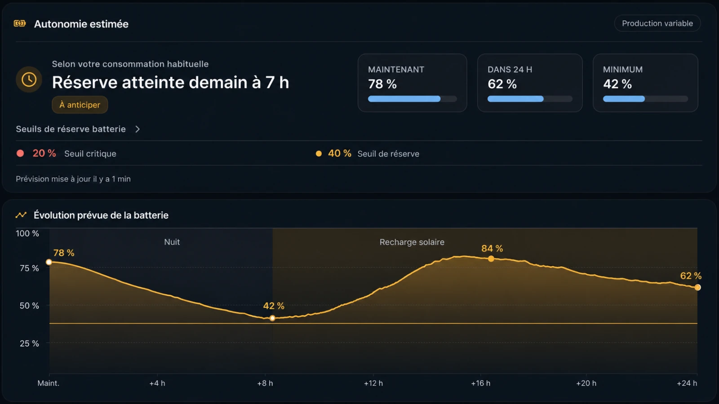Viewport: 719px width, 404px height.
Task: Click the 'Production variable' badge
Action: [657, 23]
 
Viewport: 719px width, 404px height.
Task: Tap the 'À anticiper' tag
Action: [80, 105]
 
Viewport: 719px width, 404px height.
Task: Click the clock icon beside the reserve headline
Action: [29, 79]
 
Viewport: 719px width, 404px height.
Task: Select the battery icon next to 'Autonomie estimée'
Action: [20, 23]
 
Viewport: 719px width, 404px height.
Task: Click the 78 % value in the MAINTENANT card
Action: [382, 84]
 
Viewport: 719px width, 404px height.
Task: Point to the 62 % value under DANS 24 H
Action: [502, 84]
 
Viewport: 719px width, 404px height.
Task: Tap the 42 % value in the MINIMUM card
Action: [617, 84]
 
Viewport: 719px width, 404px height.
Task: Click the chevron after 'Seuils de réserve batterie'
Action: [138, 129]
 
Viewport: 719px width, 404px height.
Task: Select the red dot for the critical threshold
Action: [20, 153]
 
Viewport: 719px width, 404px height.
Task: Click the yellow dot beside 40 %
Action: [319, 154]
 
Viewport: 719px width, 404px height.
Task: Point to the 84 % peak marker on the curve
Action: [491, 259]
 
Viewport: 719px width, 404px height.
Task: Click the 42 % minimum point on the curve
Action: [272, 318]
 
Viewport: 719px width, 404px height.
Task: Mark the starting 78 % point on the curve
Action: [49, 262]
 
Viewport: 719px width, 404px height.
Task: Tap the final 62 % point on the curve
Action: [697, 287]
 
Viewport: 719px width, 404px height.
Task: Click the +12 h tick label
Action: [373, 383]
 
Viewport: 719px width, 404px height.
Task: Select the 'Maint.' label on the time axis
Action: [49, 383]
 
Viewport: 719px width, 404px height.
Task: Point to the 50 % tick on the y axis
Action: [29, 306]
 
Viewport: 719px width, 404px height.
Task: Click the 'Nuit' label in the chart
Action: [172, 242]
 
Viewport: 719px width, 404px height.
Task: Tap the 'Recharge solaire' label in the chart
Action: [412, 242]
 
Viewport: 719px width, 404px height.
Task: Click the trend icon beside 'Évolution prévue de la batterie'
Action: [21, 215]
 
